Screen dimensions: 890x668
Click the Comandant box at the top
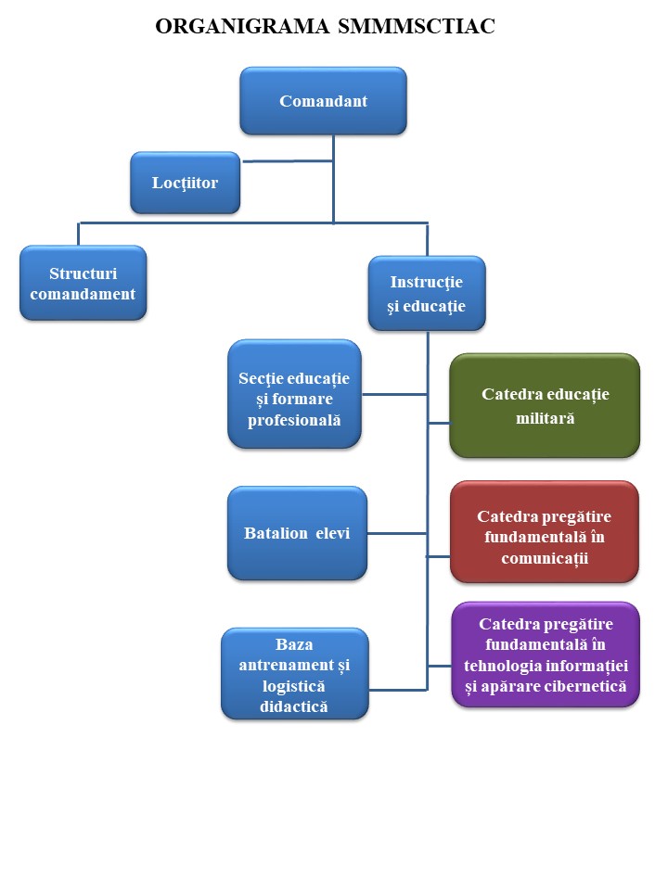click(323, 101)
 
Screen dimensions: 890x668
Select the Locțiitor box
click(186, 183)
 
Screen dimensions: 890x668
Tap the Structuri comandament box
click(83, 284)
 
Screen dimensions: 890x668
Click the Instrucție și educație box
click(426, 293)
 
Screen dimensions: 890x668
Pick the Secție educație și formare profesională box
click(294, 394)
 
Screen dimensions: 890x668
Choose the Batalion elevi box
click(297, 534)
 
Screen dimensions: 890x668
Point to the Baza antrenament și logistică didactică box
click(294, 674)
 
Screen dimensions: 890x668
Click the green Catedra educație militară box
click(545, 406)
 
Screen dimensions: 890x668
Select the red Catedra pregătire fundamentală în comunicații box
click(545, 532)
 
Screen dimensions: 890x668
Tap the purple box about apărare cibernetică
click(546, 655)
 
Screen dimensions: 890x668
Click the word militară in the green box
click(545, 419)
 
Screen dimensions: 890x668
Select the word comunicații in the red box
click(545, 558)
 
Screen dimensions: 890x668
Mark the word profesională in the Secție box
click(294, 420)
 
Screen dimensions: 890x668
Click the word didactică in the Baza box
click(294, 707)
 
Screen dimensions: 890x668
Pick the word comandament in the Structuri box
click(83, 295)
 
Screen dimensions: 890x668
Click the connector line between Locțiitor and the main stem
click(288, 161)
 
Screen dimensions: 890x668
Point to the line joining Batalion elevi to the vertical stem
click(396, 533)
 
